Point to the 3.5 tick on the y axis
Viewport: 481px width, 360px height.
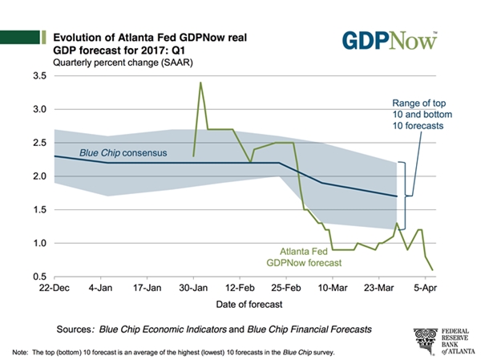38,75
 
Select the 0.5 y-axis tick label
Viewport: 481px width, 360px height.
38,277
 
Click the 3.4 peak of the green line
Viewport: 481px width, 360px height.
200,83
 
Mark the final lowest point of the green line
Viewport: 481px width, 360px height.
433,269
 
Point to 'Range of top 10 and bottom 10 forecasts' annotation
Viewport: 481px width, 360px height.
418,114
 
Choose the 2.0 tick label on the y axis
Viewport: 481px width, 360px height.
38,176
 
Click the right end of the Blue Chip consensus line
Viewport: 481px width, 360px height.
396,196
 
